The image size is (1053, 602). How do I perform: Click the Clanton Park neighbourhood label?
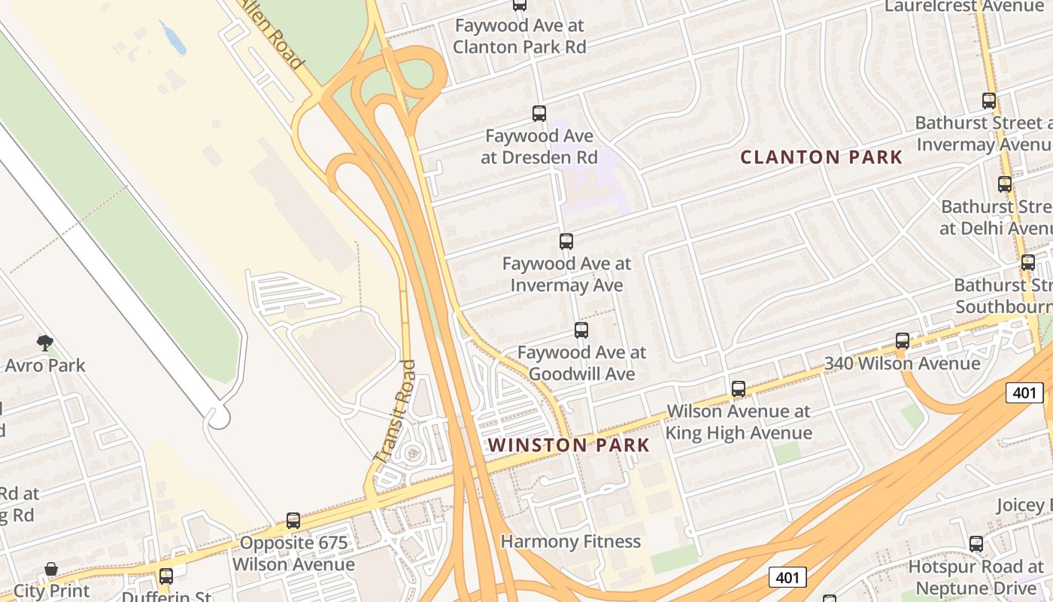click(x=821, y=157)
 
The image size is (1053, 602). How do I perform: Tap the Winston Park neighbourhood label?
click(x=569, y=445)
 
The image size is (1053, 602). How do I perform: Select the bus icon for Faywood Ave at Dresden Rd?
click(x=539, y=114)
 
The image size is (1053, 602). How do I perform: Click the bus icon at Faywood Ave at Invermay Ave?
click(x=566, y=242)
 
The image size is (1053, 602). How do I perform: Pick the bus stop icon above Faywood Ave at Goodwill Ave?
click(x=581, y=330)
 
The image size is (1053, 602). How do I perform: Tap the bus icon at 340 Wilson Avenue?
click(x=903, y=341)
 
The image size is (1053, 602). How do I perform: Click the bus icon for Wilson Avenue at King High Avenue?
click(x=739, y=389)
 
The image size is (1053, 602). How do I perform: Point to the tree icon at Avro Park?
click(x=45, y=344)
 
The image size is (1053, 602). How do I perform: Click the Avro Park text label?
click(x=45, y=366)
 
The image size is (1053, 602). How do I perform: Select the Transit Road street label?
click(x=396, y=411)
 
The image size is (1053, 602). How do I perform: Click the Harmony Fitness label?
click(x=570, y=541)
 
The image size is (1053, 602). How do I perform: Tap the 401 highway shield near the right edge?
click(x=1024, y=392)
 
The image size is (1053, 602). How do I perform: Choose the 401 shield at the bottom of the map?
click(x=787, y=577)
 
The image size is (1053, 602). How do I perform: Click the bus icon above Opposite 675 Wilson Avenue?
click(x=293, y=520)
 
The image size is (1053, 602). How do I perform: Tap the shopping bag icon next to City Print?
click(x=51, y=569)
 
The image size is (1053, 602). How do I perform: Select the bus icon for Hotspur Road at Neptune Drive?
click(x=976, y=543)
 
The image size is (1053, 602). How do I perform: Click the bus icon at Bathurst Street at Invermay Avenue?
click(x=989, y=100)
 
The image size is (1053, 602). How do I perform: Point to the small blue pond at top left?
click(x=174, y=38)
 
